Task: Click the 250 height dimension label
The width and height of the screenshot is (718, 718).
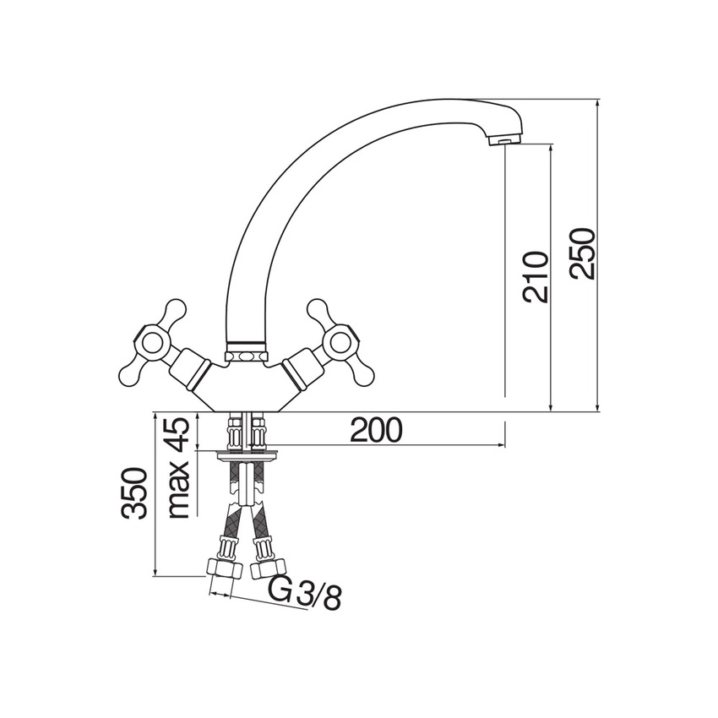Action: (x=583, y=253)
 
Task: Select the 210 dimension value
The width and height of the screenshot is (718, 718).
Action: (x=536, y=276)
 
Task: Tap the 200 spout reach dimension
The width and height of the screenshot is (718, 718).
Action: (x=376, y=431)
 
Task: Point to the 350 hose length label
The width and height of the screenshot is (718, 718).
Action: (x=135, y=494)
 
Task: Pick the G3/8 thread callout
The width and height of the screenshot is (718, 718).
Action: (x=305, y=593)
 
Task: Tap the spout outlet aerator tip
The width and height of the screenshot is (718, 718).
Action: (x=503, y=140)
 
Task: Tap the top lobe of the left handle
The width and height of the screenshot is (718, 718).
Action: (x=175, y=309)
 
